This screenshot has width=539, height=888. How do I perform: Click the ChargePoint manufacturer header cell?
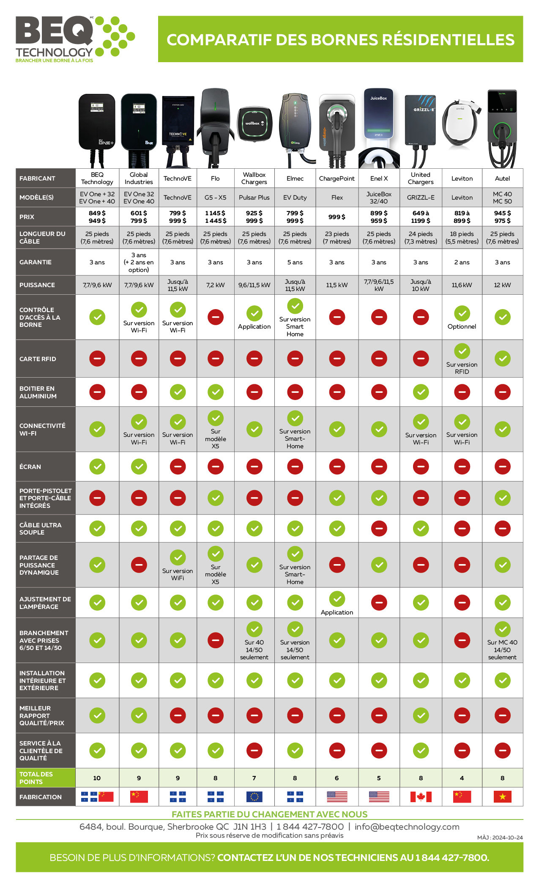pos(337,178)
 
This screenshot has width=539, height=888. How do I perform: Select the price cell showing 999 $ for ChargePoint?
pos(337,217)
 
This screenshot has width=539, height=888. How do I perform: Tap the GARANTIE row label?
pos(36,262)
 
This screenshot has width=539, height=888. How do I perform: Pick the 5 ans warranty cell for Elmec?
pos(295,262)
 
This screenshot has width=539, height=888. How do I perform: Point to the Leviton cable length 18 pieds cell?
pos(462,238)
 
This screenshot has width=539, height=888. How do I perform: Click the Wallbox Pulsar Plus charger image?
pos(254,124)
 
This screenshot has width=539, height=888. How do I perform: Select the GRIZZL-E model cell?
pos(421,197)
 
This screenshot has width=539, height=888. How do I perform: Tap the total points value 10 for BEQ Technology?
pos(97,778)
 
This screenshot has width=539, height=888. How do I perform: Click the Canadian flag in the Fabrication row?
pos(421,797)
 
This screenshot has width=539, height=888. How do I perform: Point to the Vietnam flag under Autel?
pos(502,797)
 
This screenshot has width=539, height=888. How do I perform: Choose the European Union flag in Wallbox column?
pos(254,797)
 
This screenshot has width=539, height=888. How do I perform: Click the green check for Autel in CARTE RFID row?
pos(502,359)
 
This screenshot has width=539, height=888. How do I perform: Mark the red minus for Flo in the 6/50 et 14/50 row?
pos(215,640)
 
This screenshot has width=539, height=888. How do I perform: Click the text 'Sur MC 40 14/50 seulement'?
pos(502,650)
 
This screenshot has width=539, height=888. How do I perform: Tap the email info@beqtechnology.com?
pos(407,827)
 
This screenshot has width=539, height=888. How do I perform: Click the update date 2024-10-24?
pos(507,838)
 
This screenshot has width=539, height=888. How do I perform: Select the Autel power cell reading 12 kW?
pos(502,285)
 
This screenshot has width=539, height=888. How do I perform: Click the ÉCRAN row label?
pos(30,467)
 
